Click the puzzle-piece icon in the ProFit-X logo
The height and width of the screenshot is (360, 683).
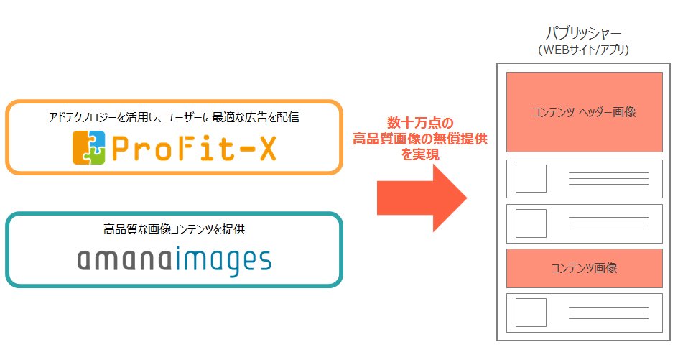(x=89, y=148)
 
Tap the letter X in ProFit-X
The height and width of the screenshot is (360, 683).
(x=268, y=148)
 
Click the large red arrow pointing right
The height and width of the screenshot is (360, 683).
(x=422, y=198)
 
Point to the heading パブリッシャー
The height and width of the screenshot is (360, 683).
(x=583, y=34)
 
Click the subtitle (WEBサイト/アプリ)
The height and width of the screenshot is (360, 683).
(x=583, y=50)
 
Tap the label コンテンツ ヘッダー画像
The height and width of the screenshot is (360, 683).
(x=584, y=112)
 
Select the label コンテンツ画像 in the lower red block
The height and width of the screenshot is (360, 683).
(x=584, y=268)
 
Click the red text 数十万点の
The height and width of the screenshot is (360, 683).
(x=420, y=123)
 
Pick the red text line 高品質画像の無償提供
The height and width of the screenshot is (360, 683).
(x=420, y=139)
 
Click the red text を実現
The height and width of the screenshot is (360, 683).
(x=420, y=154)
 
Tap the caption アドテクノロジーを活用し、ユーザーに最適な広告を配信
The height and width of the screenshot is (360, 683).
(x=174, y=117)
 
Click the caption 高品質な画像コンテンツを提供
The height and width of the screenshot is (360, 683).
(x=174, y=229)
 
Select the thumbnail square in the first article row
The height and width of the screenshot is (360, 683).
(x=531, y=179)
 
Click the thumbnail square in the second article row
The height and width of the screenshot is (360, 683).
(x=531, y=223)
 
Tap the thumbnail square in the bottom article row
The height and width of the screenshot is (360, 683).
(x=531, y=313)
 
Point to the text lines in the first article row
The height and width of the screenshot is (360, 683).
(x=608, y=178)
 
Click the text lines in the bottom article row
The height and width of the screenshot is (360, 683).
(x=608, y=313)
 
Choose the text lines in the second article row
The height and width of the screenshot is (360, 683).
(x=608, y=223)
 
